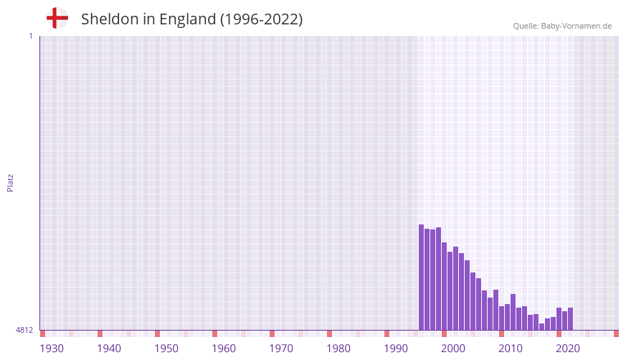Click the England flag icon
pos(57,19)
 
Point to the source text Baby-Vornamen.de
pos(576,26)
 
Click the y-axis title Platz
pos(10,182)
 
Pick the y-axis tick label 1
pos(30,36)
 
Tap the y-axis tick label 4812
pos(24,330)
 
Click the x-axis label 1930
pos(52,349)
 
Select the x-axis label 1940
pos(109,349)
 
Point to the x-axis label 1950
pos(166,349)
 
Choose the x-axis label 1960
pos(224,349)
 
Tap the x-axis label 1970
pos(281,349)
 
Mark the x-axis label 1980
pos(338,349)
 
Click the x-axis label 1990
pos(396,349)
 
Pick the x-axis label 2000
pos(453,349)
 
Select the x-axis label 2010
pos(511,349)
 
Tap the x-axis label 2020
pos(568,349)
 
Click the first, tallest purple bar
pos(422,278)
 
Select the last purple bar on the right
pos(570,319)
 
